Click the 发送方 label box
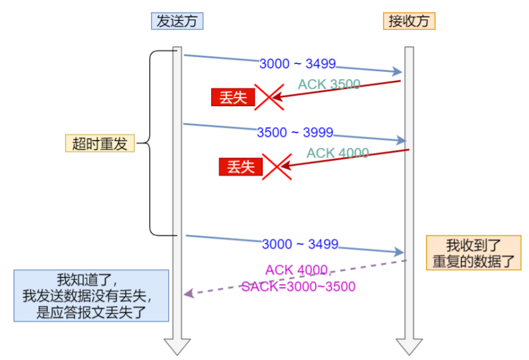pos(177,21)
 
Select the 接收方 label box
pos(409,21)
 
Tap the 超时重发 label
pos(99,144)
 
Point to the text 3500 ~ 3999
pos(295,132)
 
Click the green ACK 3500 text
pos(329,85)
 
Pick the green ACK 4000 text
pos(338,153)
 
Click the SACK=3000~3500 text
pos(298,286)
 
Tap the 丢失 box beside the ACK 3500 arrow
pos(233,98)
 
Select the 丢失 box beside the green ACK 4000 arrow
pos(241,166)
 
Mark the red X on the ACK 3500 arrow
pos(269,98)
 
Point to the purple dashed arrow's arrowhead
pos(188,294)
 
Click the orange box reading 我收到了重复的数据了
pos(474,253)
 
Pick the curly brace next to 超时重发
pos(153,144)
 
